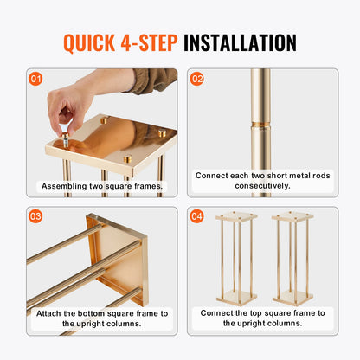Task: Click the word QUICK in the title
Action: (x=95, y=42)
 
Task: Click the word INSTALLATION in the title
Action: (x=241, y=42)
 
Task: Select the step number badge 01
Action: (x=35, y=79)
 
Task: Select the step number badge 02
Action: (x=197, y=79)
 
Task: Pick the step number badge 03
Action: (x=35, y=216)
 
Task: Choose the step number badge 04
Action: (x=197, y=216)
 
